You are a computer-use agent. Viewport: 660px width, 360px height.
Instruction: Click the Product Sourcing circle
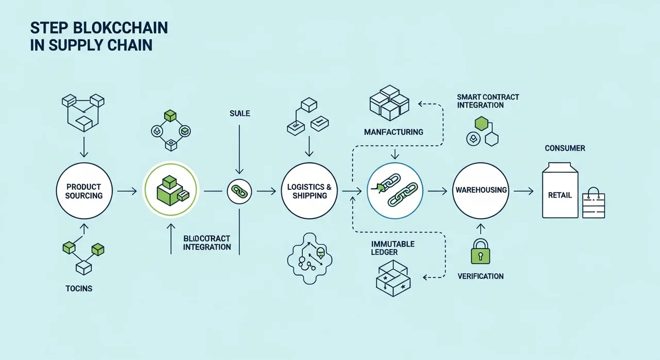[84, 191]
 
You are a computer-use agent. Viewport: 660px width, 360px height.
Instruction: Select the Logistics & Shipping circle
[309, 191]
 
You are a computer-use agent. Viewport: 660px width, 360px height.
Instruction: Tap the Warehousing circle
[481, 191]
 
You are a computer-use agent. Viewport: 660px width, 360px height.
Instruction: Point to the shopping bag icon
[593, 203]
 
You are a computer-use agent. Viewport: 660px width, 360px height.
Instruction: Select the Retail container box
[560, 189]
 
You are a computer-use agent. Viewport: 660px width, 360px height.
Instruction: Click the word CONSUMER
[565, 149]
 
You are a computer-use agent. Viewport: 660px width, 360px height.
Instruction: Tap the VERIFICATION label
[481, 276]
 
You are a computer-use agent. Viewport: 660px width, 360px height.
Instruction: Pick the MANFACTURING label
[393, 132]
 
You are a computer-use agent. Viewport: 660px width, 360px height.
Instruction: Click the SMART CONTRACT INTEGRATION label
[488, 101]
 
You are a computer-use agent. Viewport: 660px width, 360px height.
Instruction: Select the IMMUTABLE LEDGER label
[392, 248]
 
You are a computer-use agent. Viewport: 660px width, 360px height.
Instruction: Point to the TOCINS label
[79, 288]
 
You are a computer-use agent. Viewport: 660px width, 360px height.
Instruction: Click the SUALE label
[239, 113]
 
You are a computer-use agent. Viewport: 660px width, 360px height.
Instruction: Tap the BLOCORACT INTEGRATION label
[207, 243]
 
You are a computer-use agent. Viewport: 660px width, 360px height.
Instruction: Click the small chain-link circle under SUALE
[239, 191]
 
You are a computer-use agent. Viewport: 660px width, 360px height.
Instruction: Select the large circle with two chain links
[394, 191]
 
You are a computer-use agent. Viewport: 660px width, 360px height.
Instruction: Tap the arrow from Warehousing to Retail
[523, 191]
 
